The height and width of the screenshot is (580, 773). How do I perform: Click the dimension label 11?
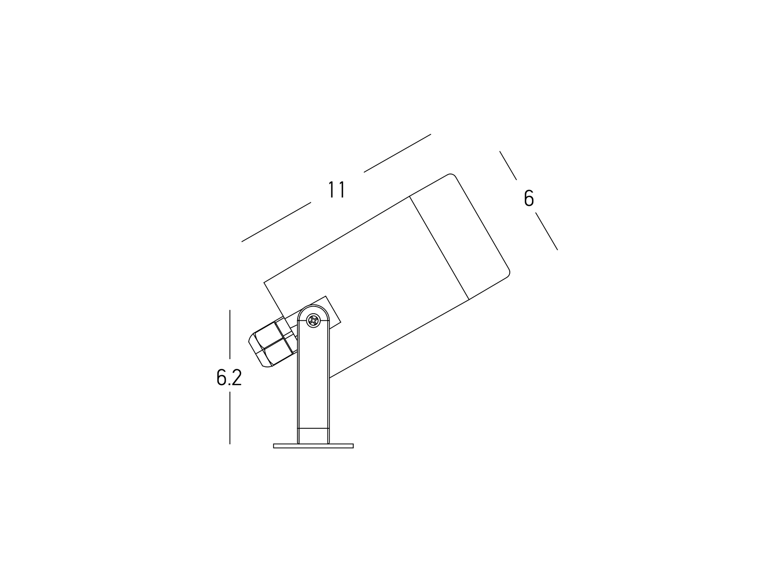tap(336, 190)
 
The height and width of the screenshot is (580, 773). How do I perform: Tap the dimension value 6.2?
tap(229, 377)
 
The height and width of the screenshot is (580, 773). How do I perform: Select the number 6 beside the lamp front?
tap(529, 198)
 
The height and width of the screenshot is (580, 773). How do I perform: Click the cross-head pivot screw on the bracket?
tap(313, 320)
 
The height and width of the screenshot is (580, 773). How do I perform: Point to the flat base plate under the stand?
tap(313, 446)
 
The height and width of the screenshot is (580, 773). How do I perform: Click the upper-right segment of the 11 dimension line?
tap(397, 153)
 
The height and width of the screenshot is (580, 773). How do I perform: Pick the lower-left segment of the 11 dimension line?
tap(276, 222)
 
